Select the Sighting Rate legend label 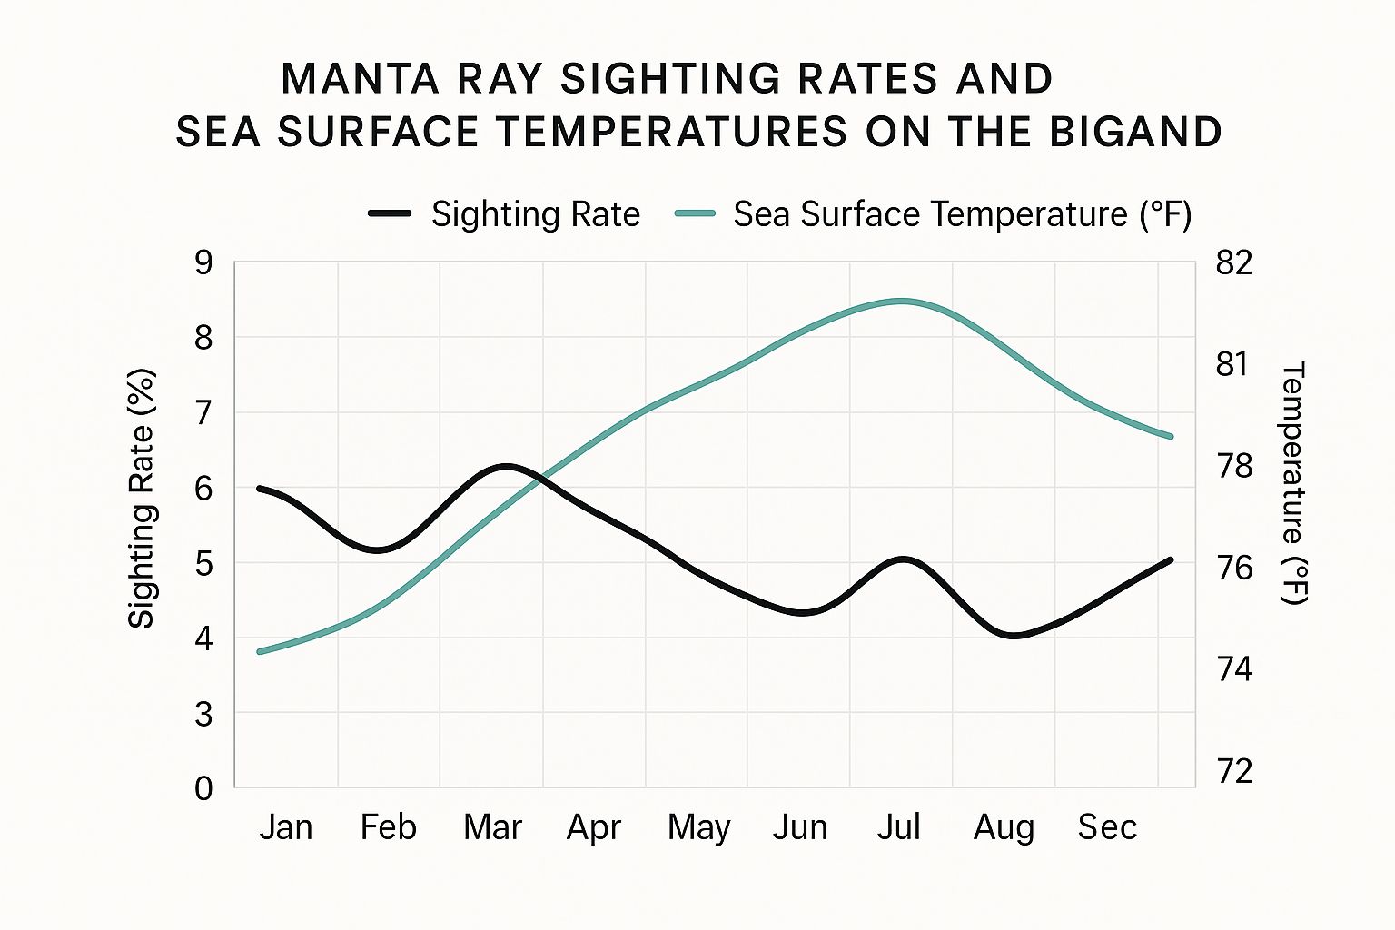tap(536, 214)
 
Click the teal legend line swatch tap(695, 213)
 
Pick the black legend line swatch tap(390, 213)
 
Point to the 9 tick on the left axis tap(203, 262)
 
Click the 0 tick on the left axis tap(203, 789)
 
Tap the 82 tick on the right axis tap(1233, 262)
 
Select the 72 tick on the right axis tap(1233, 771)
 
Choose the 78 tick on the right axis tap(1233, 467)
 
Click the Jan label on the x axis tap(286, 828)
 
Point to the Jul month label tap(898, 828)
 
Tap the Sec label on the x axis tap(1107, 828)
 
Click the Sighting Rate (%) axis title tap(142, 499)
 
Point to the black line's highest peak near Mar tap(507, 465)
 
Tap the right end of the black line tap(1171, 560)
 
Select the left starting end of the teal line tap(259, 652)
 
